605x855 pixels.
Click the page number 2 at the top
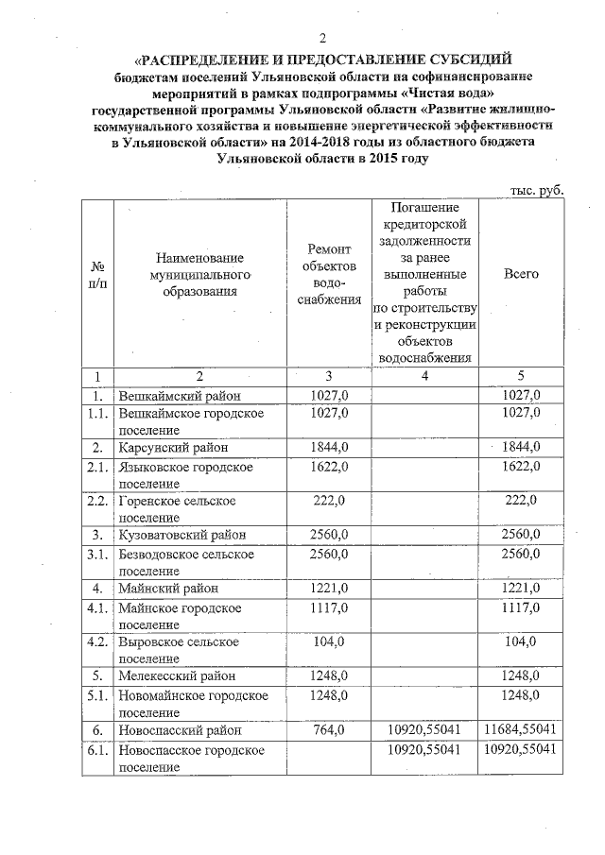click(321, 39)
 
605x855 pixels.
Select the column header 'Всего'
click(521, 273)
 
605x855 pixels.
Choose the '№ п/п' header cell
click(96, 274)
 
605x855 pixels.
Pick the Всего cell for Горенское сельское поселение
click(521, 500)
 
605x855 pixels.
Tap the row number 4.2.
click(96, 641)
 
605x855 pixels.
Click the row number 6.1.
click(96, 749)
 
